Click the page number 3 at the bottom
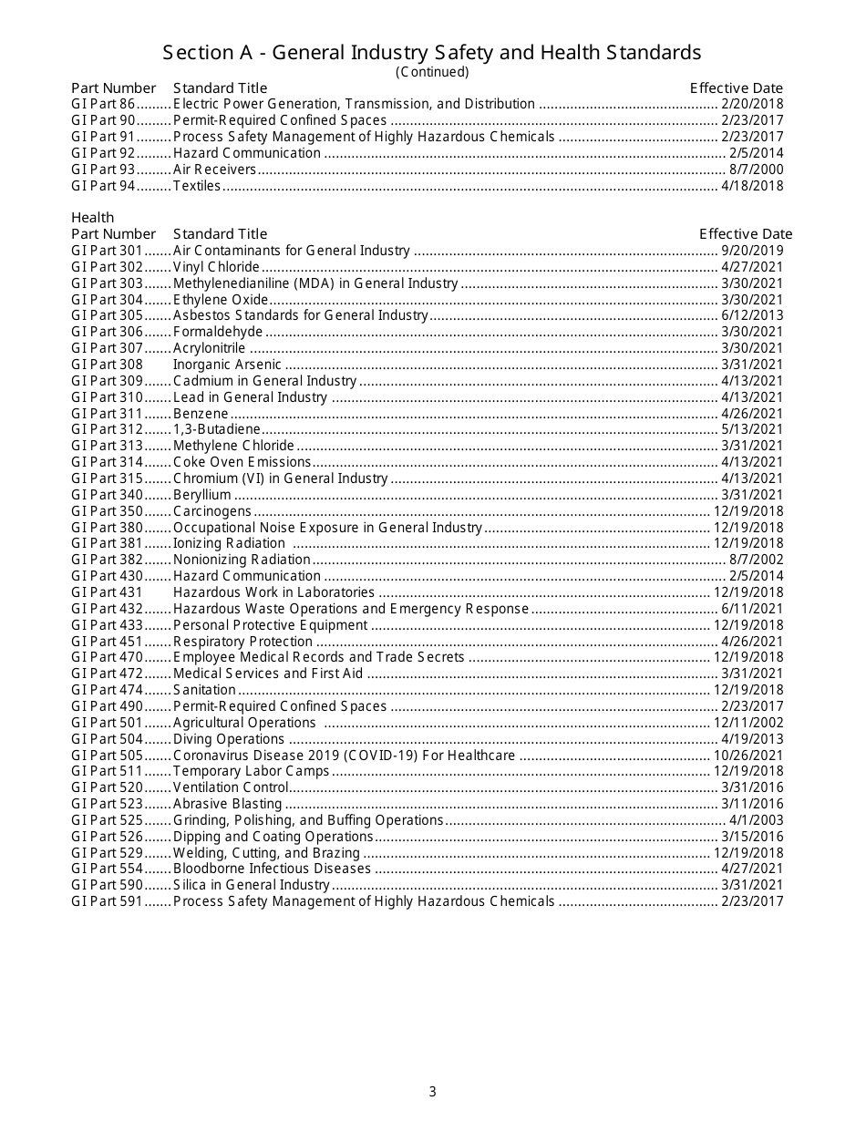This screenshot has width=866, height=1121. [x=432, y=1092]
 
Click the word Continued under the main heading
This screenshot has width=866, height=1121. [x=432, y=72]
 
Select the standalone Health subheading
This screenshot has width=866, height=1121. [x=92, y=217]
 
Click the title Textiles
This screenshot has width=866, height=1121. [x=197, y=186]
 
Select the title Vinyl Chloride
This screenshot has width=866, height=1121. [x=216, y=267]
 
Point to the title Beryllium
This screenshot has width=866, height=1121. [x=201, y=495]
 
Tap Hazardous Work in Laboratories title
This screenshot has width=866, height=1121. [x=273, y=592]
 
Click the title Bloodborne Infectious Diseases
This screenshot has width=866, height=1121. [x=272, y=869]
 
